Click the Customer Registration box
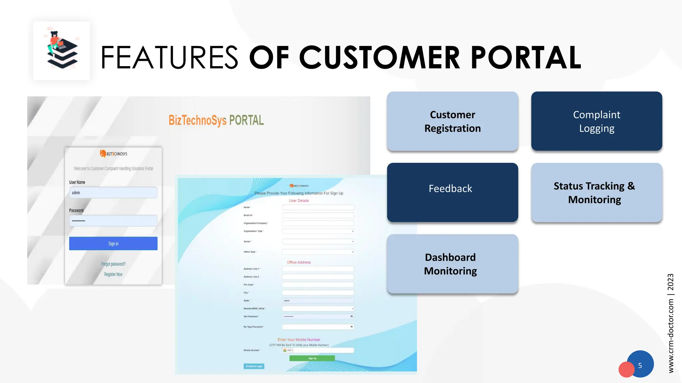coord(453,121)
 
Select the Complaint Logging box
coord(596,121)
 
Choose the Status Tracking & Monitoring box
coord(596,192)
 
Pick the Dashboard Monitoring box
coord(453,264)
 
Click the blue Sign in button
coord(113,244)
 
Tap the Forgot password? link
coord(113,264)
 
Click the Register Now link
coord(113,274)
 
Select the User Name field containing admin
coord(113,193)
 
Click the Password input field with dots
coord(113,221)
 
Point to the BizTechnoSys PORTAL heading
coord(216,120)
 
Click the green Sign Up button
coord(312,358)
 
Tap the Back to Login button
coord(254,366)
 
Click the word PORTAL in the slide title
coord(526,58)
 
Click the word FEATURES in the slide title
coord(169,58)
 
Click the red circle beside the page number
coord(626,370)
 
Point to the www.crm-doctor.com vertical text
coord(671,336)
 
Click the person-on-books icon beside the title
coord(62,51)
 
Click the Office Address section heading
coord(299,262)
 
